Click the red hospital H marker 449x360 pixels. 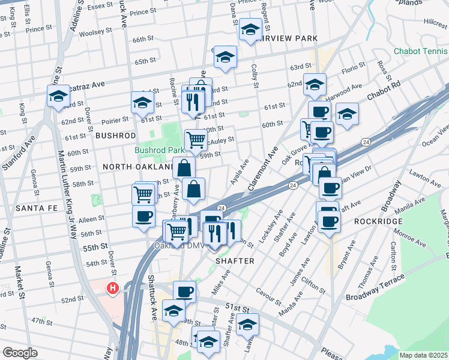click(x=112, y=289)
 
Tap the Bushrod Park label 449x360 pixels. click(x=158, y=150)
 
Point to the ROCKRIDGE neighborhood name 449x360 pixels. click(x=378, y=221)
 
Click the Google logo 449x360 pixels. click(x=20, y=352)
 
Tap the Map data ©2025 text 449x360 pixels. click(x=423, y=355)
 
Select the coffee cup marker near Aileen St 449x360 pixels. click(x=143, y=216)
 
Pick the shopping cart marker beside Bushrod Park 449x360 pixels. click(x=196, y=140)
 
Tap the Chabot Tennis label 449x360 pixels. click(x=421, y=52)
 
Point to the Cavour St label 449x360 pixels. click(x=268, y=296)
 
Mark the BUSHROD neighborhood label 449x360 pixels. click(x=112, y=136)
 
